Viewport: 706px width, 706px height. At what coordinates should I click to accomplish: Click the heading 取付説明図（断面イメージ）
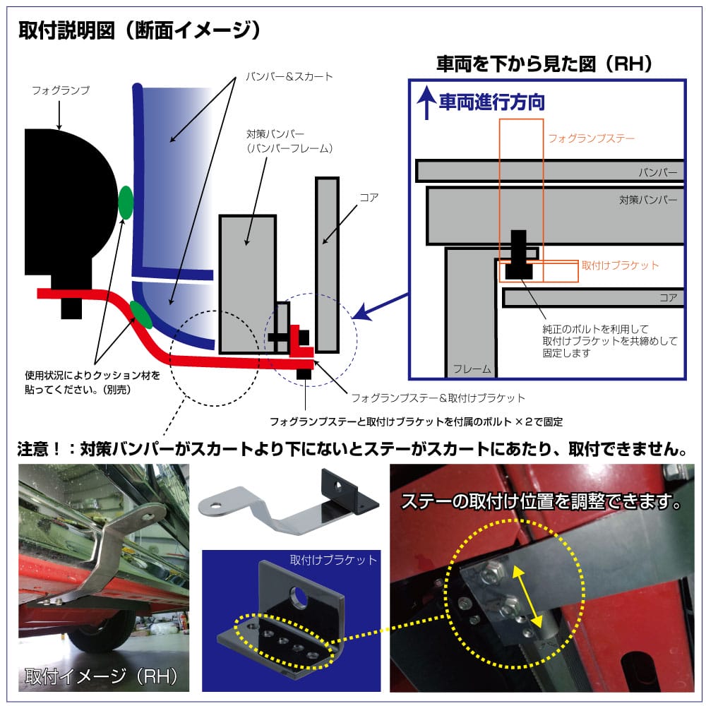(139, 30)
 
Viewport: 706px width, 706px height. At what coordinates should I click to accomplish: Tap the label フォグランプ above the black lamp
(61, 90)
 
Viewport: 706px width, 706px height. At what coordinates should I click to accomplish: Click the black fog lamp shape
(68, 212)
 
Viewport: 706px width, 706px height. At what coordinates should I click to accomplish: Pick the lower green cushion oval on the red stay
(141, 315)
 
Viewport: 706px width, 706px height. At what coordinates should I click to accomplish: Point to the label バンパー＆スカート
(289, 76)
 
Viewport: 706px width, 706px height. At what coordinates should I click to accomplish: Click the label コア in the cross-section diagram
(369, 197)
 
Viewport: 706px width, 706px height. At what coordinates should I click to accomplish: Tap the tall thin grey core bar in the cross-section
(327, 265)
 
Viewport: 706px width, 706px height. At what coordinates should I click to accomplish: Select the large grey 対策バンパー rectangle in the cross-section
(248, 284)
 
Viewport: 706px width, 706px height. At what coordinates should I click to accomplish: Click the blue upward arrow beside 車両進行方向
(426, 103)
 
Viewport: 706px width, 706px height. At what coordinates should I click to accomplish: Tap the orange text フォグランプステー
(591, 138)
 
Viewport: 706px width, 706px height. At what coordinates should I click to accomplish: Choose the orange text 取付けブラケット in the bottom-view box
(620, 265)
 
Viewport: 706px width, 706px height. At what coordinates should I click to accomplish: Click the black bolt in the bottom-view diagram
(519, 255)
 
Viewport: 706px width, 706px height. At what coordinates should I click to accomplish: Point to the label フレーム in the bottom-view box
(472, 369)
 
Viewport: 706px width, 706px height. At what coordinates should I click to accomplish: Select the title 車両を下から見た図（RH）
(544, 64)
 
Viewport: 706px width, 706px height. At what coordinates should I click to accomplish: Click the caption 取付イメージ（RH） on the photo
(102, 676)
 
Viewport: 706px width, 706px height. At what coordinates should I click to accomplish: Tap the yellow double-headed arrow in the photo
(527, 597)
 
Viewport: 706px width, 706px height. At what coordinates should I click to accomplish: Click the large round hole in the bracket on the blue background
(298, 596)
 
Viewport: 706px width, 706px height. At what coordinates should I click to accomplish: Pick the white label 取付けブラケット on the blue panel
(333, 560)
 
